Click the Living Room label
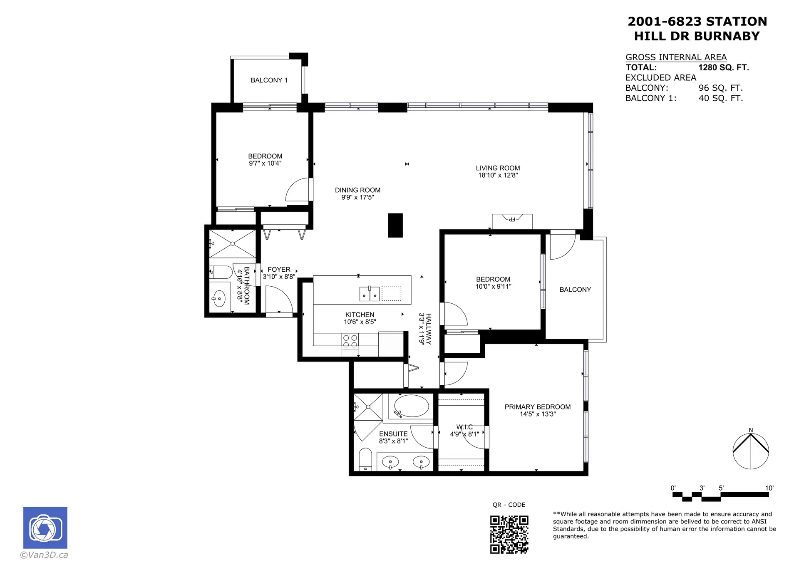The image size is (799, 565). tap(498, 168)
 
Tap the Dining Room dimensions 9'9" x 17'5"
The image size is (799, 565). tap(357, 197)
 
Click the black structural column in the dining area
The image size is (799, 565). tap(395, 225)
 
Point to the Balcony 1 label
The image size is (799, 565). tap(269, 80)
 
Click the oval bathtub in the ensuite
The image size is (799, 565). tap(411, 406)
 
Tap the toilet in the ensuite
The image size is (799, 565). tap(365, 459)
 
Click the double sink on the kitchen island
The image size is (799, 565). tap(369, 294)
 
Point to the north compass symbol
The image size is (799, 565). tap(751, 451)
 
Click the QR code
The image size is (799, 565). tap(509, 534)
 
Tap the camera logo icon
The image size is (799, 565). tap(45, 528)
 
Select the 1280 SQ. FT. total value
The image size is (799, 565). tap(723, 67)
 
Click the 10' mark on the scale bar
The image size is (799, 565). tap(769, 488)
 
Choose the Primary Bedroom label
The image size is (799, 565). tap(537, 407)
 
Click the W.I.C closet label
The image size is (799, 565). tap(464, 427)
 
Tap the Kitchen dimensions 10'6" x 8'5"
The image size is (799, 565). tap(360, 322)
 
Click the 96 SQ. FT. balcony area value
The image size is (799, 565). tap(720, 88)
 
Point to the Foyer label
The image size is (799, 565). tap(279, 270)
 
